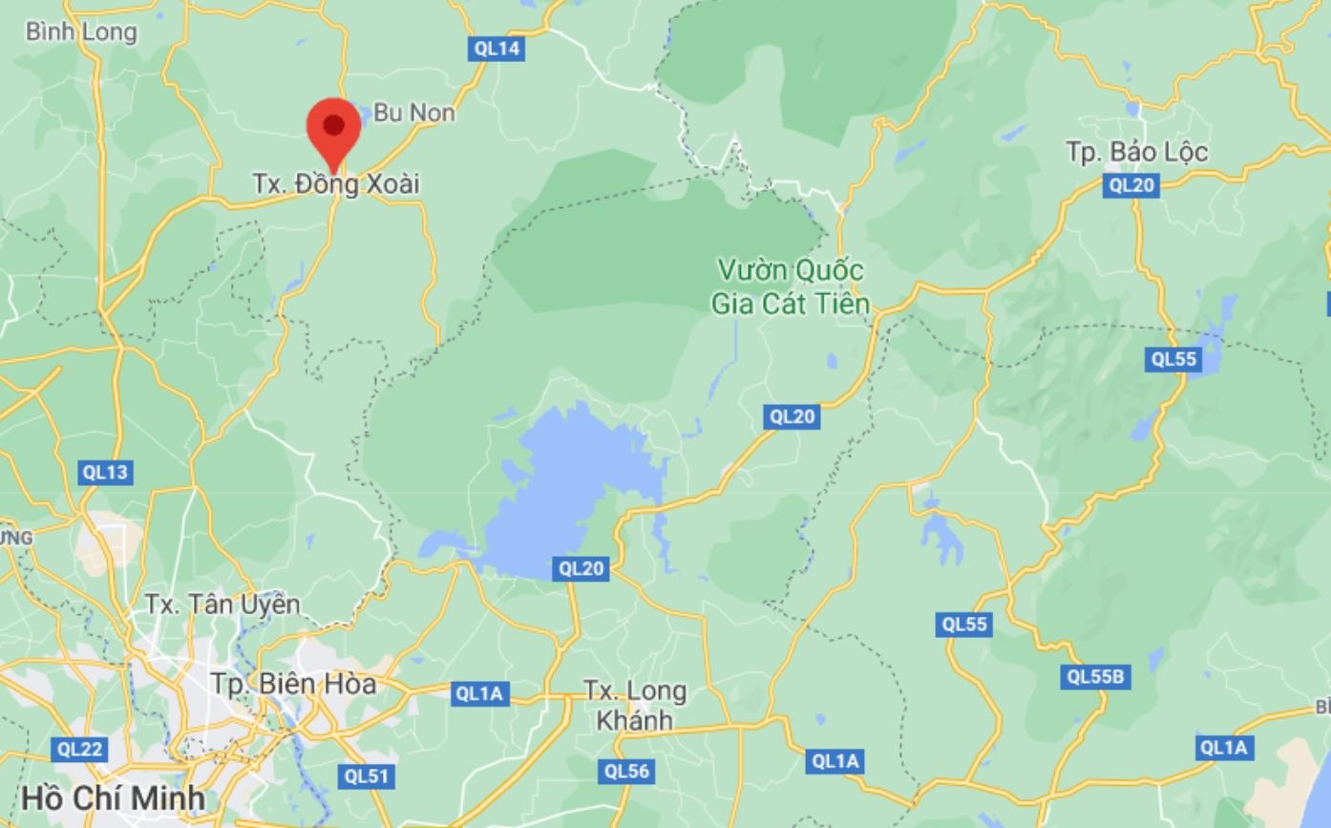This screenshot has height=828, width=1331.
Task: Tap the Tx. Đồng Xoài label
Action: click(336, 183)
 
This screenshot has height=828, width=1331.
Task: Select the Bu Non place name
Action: click(413, 113)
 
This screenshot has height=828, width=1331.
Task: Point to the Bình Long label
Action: click(81, 32)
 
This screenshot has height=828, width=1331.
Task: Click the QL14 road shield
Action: click(496, 49)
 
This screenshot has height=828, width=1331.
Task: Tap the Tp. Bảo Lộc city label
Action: click(1136, 152)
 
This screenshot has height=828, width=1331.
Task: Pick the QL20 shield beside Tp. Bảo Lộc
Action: click(1131, 185)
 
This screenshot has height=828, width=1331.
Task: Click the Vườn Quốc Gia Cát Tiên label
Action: click(790, 287)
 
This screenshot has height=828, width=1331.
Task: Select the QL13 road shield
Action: click(104, 472)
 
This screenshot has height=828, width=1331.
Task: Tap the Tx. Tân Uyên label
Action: click(222, 604)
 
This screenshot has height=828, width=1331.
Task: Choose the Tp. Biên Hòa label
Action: click(293, 684)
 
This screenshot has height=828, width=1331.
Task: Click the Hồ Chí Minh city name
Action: click(113, 797)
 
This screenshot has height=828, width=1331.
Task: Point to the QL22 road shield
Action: click(79, 749)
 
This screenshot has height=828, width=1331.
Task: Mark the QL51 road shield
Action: click(367, 775)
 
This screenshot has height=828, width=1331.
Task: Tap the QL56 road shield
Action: click(626, 771)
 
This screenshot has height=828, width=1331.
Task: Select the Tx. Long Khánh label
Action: click(634, 705)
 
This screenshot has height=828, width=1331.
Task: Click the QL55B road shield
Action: click(1095, 677)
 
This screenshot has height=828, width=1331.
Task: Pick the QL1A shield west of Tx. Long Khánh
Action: click(478, 693)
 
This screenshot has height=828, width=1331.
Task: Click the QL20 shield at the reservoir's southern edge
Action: click(581, 569)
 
